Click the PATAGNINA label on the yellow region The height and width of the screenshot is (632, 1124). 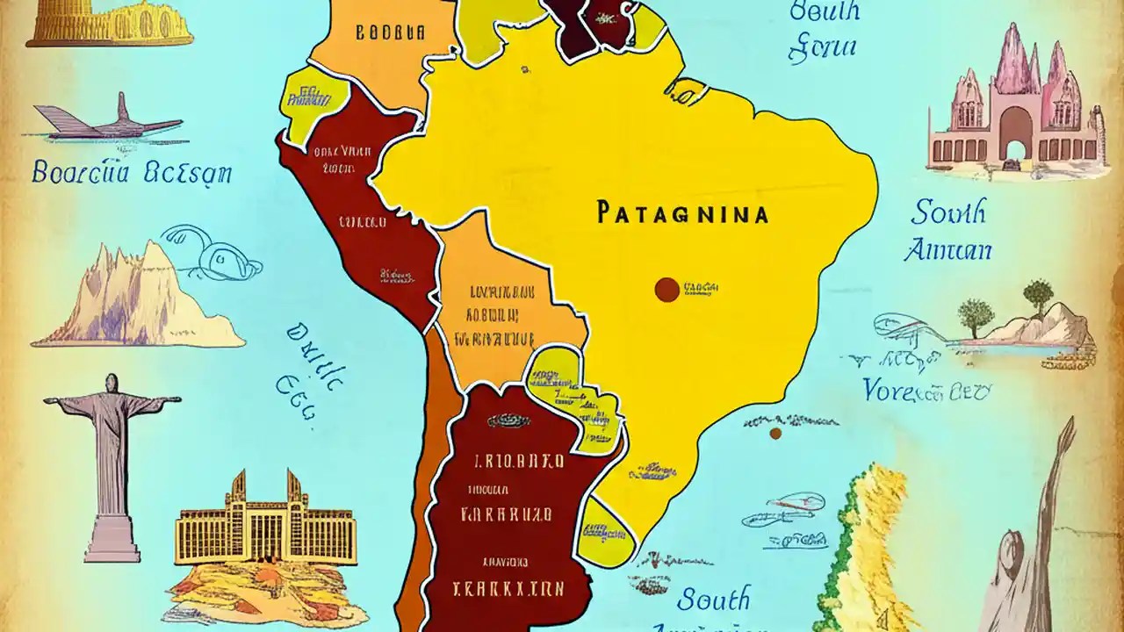(681, 213)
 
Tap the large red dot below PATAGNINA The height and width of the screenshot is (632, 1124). (666, 290)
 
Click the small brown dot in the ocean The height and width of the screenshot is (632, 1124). (775, 433)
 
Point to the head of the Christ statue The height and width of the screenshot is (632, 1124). (112, 384)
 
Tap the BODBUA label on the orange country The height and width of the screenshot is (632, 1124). (390, 34)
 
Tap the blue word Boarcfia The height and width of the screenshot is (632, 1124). (77, 171)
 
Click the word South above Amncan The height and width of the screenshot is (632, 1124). (948, 212)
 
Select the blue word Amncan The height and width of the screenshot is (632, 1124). (947, 251)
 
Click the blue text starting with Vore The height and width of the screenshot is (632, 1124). (927, 389)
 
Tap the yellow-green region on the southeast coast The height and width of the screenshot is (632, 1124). (609, 531)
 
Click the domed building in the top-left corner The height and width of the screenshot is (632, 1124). (110, 24)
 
